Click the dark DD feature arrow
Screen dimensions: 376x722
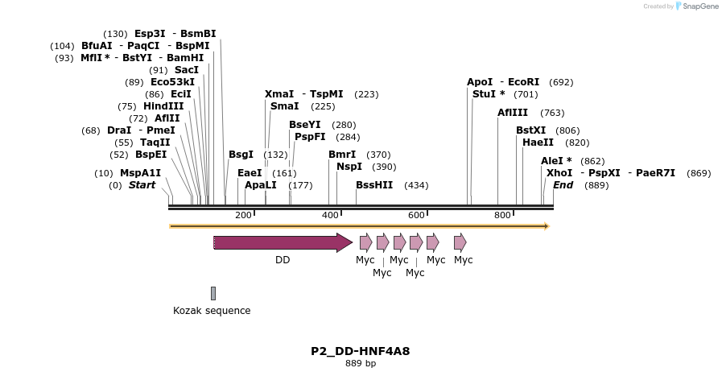[282, 242]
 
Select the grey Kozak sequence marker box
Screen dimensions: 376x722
[213, 293]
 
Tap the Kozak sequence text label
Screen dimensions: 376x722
[212, 311]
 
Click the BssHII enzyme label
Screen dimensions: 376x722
[374, 185]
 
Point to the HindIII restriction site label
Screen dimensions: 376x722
[163, 106]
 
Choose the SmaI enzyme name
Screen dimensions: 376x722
[284, 106]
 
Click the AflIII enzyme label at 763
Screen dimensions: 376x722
[513, 113]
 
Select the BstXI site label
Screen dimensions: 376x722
[530, 130]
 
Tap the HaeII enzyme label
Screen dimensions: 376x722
[538, 143]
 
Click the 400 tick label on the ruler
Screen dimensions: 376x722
[330, 215]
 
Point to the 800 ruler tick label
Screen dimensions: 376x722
[502, 215]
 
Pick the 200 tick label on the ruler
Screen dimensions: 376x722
[243, 215]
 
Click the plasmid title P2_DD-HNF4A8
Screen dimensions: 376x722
[361, 351]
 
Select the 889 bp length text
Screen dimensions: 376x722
[361, 364]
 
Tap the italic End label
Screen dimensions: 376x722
[563, 185]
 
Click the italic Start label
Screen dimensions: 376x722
[142, 185]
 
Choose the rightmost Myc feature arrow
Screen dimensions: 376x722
[460, 242]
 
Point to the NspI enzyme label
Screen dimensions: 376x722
[349, 167]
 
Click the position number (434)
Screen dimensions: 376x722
[416, 185]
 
